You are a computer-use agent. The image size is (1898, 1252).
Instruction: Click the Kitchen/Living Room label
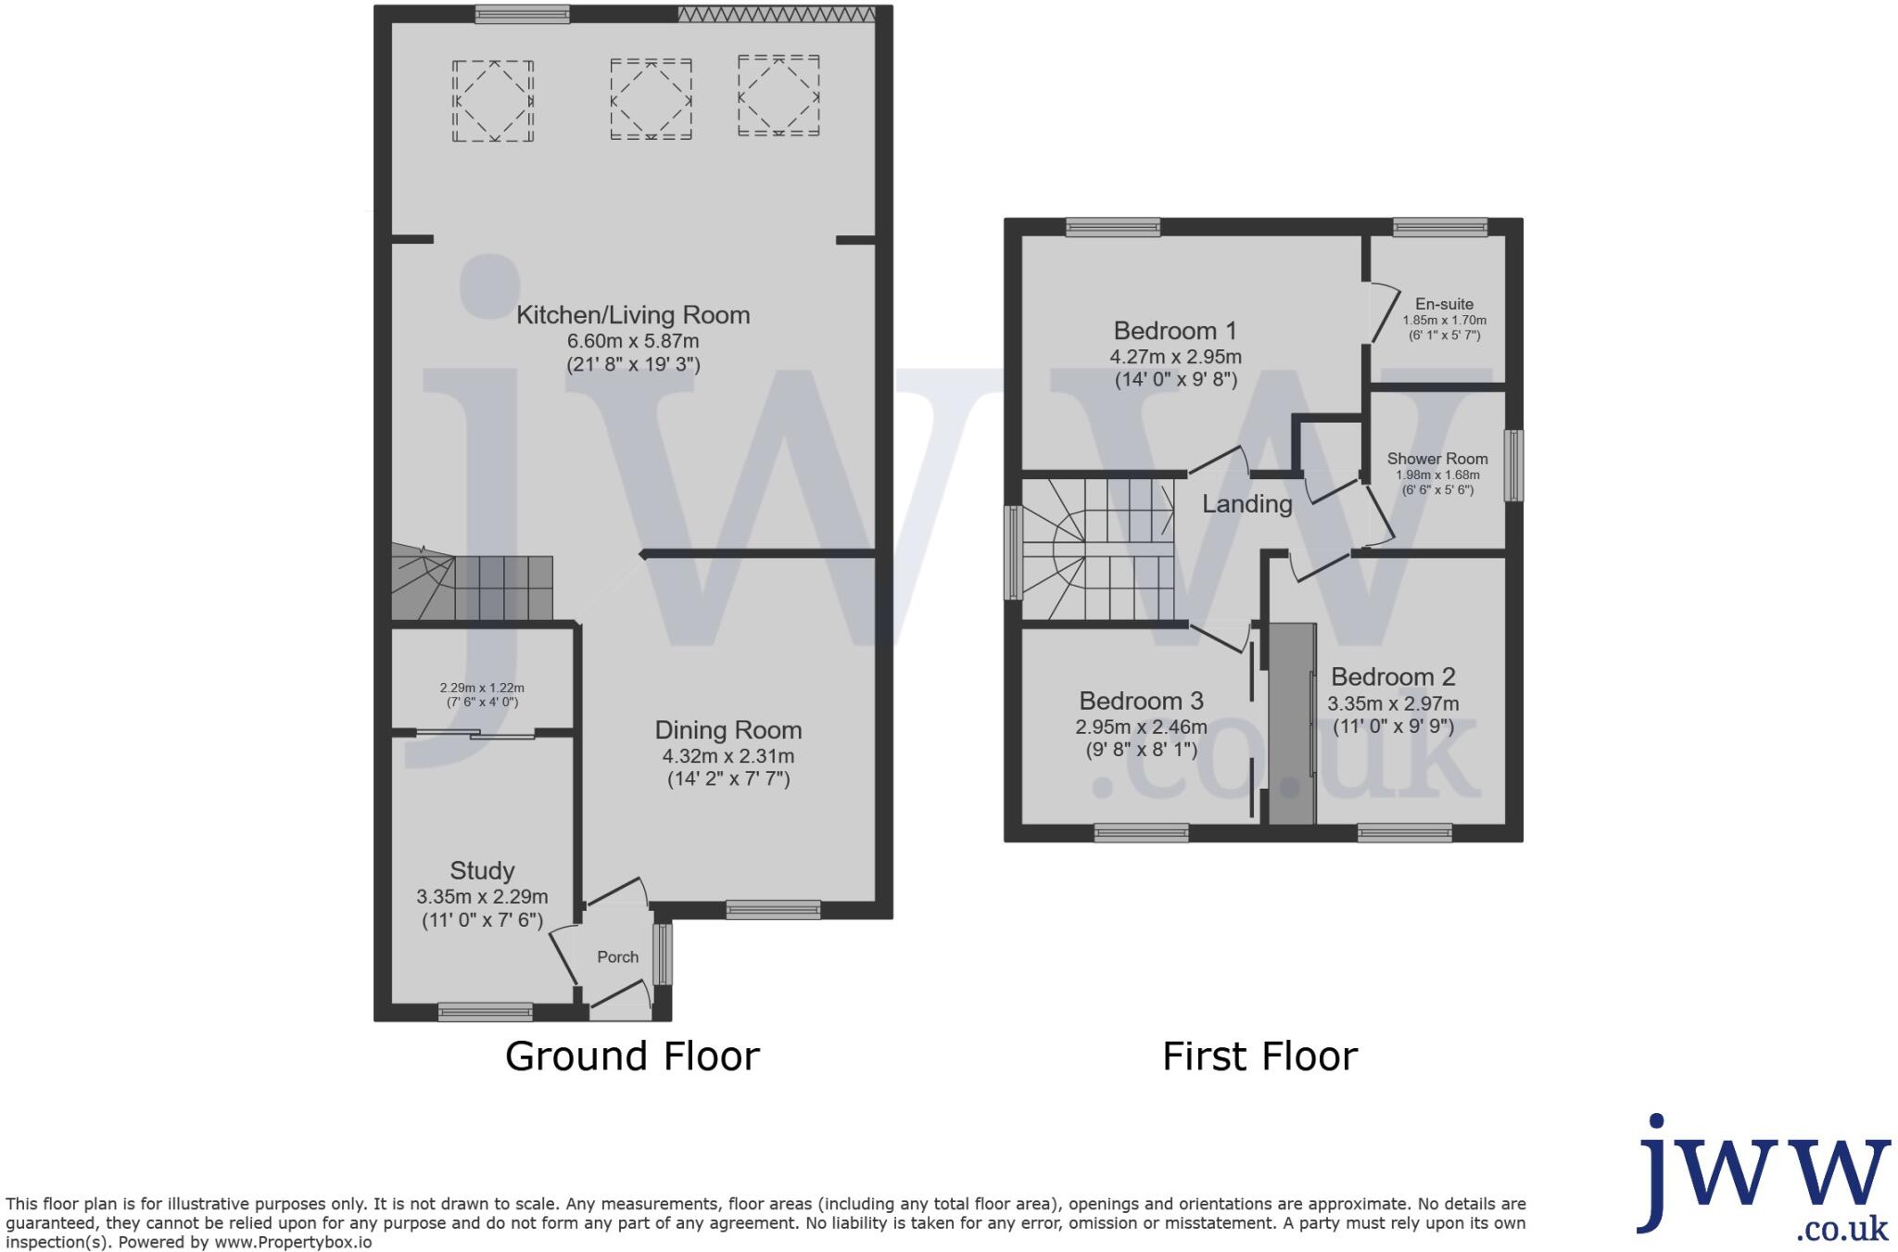point(633,315)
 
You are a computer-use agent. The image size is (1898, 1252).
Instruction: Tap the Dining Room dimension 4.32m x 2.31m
point(728,756)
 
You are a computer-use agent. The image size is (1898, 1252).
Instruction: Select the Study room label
point(482,871)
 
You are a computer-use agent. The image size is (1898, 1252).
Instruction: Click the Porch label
point(617,957)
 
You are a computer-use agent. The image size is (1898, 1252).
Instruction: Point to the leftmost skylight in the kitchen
point(493,100)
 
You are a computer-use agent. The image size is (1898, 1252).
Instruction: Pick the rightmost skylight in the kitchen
point(778,95)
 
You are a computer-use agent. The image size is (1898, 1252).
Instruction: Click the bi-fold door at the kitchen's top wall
point(776,14)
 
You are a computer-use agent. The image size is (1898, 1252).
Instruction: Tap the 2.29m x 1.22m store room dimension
point(482,689)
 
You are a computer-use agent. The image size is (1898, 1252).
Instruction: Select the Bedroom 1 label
point(1175,331)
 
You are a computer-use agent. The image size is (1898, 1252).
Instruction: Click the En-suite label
point(1444,304)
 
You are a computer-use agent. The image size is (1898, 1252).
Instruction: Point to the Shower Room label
point(1437,459)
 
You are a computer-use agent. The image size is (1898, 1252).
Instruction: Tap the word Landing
point(1247,504)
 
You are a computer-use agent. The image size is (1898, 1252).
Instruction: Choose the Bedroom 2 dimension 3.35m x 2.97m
point(1393,704)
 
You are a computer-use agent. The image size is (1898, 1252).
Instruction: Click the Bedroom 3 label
point(1141,702)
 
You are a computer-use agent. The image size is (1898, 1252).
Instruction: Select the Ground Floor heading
point(632,1056)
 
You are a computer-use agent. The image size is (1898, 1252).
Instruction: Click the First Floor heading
point(1259,1056)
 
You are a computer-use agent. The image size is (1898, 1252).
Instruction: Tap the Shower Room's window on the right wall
point(1512,465)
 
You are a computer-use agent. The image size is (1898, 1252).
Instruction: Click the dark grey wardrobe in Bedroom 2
point(1292,724)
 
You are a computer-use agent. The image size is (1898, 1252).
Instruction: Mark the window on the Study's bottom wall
point(485,1012)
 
